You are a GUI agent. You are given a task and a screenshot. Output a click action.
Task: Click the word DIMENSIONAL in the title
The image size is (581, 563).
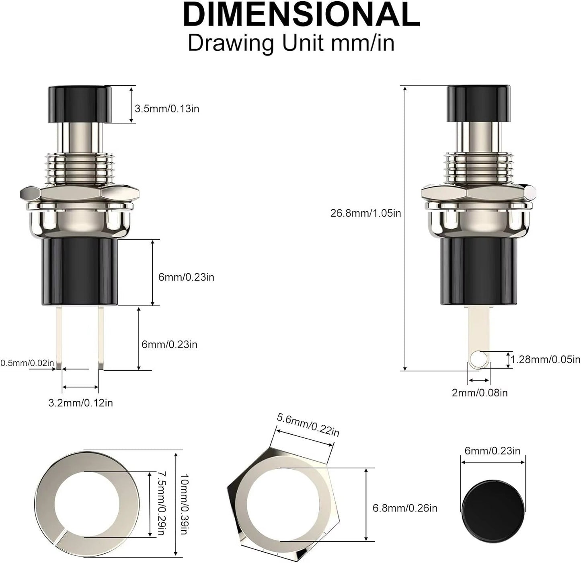click(x=301, y=15)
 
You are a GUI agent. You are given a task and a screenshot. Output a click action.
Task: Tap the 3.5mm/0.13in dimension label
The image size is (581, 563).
click(x=167, y=109)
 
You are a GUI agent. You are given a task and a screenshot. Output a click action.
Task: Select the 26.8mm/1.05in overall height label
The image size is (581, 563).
click(x=365, y=213)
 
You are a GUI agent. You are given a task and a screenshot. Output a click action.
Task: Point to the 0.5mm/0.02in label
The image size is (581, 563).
click(x=27, y=363)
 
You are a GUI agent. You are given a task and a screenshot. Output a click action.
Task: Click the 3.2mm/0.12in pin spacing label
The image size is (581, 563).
click(x=80, y=403)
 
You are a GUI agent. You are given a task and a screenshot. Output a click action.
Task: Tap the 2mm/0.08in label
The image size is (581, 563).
click(x=480, y=393)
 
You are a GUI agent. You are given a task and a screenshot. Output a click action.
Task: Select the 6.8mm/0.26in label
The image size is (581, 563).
click(x=405, y=508)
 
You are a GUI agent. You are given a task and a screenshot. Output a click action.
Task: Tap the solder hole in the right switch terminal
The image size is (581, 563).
click(x=478, y=357)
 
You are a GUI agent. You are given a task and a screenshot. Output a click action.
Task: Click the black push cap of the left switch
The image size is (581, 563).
click(x=80, y=103)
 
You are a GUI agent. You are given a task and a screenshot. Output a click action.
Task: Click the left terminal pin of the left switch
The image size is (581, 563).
click(x=59, y=338)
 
